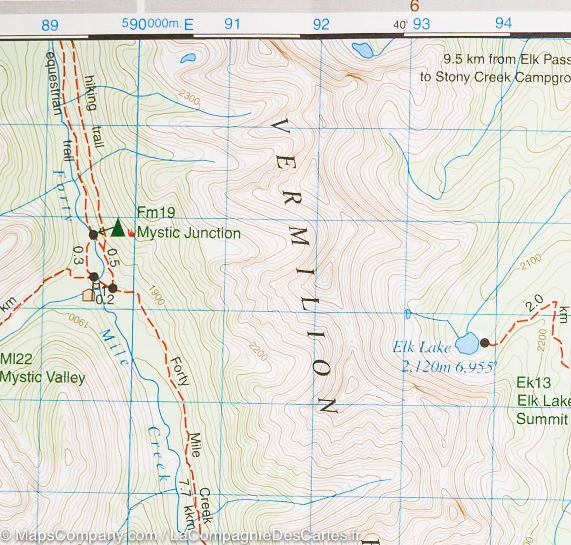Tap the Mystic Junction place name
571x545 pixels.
coord(189,234)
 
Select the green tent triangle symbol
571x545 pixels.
coord(118,228)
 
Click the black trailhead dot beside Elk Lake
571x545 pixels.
coord(485,342)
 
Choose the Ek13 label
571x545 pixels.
coord(533,382)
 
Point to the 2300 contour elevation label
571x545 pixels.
coord(190,97)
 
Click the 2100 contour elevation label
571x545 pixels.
coord(531,261)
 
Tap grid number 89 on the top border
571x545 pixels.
coord(50,25)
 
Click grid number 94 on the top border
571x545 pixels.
coord(503,23)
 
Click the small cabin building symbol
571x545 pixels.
coord(88,296)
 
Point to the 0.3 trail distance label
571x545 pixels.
coord(78,254)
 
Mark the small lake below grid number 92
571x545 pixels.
coord(361,49)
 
